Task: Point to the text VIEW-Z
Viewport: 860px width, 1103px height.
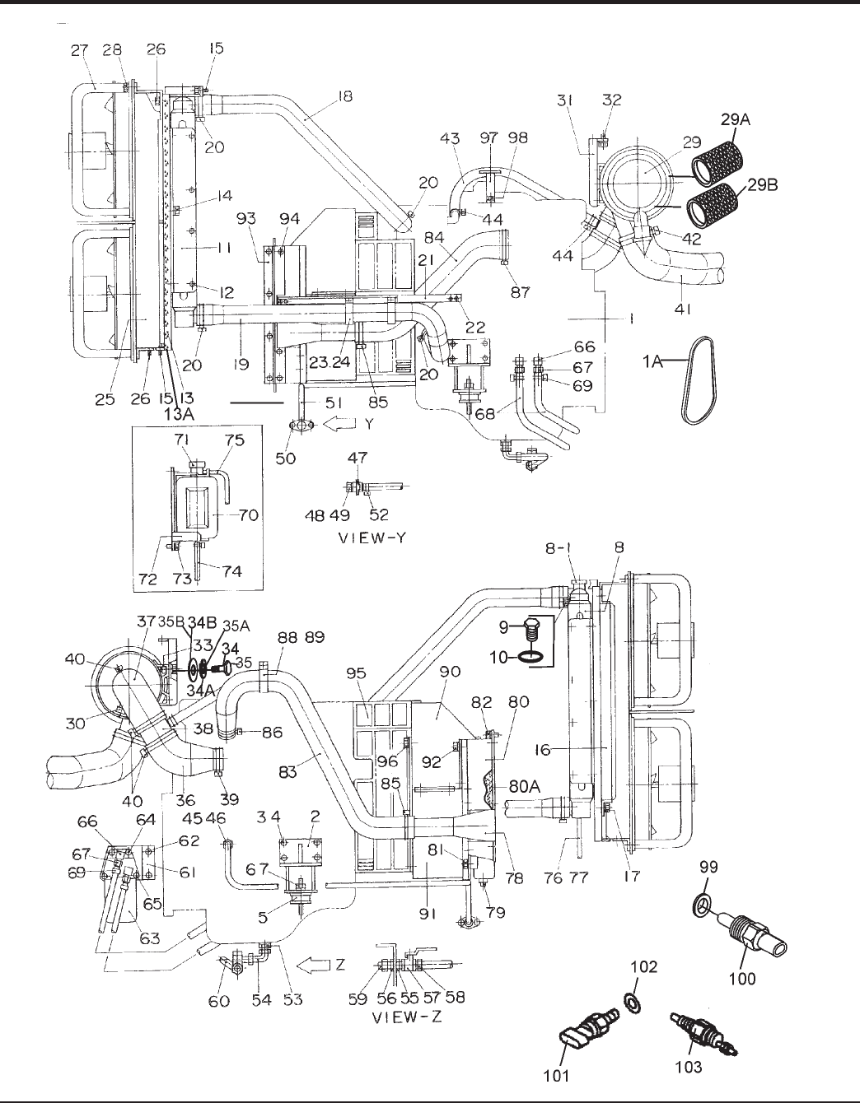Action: [x=408, y=1017]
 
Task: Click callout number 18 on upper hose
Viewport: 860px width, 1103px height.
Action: [x=344, y=96]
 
